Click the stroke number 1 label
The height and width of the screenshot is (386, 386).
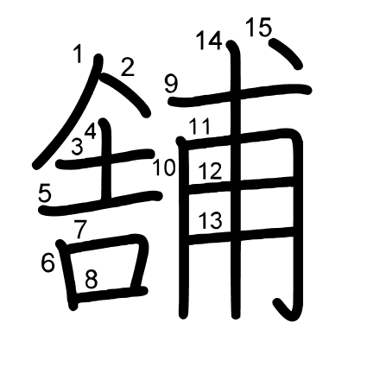(x=78, y=54)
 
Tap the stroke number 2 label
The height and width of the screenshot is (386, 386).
(x=128, y=67)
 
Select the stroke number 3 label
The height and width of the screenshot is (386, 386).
(x=77, y=146)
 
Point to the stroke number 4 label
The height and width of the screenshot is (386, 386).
(x=91, y=131)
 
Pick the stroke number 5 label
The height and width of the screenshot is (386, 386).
(x=45, y=193)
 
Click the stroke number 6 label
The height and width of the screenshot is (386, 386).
(x=47, y=263)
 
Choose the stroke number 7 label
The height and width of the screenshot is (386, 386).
(x=80, y=229)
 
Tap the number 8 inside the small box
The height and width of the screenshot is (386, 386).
(x=92, y=279)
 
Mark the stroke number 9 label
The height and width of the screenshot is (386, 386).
(x=172, y=84)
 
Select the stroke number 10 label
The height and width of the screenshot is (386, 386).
(x=164, y=168)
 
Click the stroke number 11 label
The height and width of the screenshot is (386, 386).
(x=200, y=127)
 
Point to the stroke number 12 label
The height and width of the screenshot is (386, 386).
(x=211, y=171)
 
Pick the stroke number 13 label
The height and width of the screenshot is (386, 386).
(x=211, y=220)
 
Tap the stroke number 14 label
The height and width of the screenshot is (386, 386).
(x=210, y=41)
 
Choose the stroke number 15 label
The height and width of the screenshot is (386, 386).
(x=259, y=27)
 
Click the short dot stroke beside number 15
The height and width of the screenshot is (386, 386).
(x=286, y=54)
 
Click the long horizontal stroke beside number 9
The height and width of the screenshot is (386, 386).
(x=239, y=95)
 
